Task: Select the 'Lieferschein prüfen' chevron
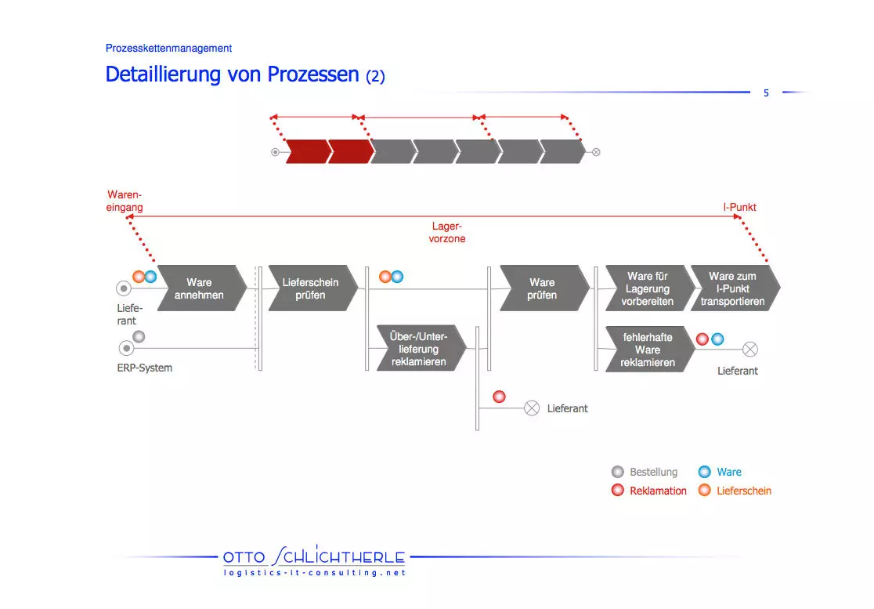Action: [x=312, y=288]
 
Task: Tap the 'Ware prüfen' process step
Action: [x=544, y=288]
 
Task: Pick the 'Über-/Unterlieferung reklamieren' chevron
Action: [x=421, y=349]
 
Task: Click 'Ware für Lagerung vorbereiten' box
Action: [x=648, y=288]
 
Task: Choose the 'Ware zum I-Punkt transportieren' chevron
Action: [x=735, y=288]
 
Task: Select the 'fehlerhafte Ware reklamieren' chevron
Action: [x=649, y=349]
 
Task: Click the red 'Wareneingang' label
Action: [x=125, y=201]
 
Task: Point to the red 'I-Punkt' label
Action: [x=739, y=207]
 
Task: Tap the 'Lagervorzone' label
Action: [x=447, y=233]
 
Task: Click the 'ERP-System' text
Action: [x=144, y=368]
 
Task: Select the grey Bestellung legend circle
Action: [x=618, y=472]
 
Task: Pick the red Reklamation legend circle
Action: [x=618, y=490]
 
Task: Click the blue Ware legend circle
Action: [x=705, y=472]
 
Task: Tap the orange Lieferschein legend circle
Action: [x=705, y=490]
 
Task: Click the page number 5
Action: [x=766, y=93]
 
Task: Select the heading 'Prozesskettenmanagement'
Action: [x=168, y=48]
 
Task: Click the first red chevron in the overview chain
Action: [x=309, y=152]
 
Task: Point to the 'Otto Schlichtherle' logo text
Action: [x=314, y=556]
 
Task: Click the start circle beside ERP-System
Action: [x=127, y=348]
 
